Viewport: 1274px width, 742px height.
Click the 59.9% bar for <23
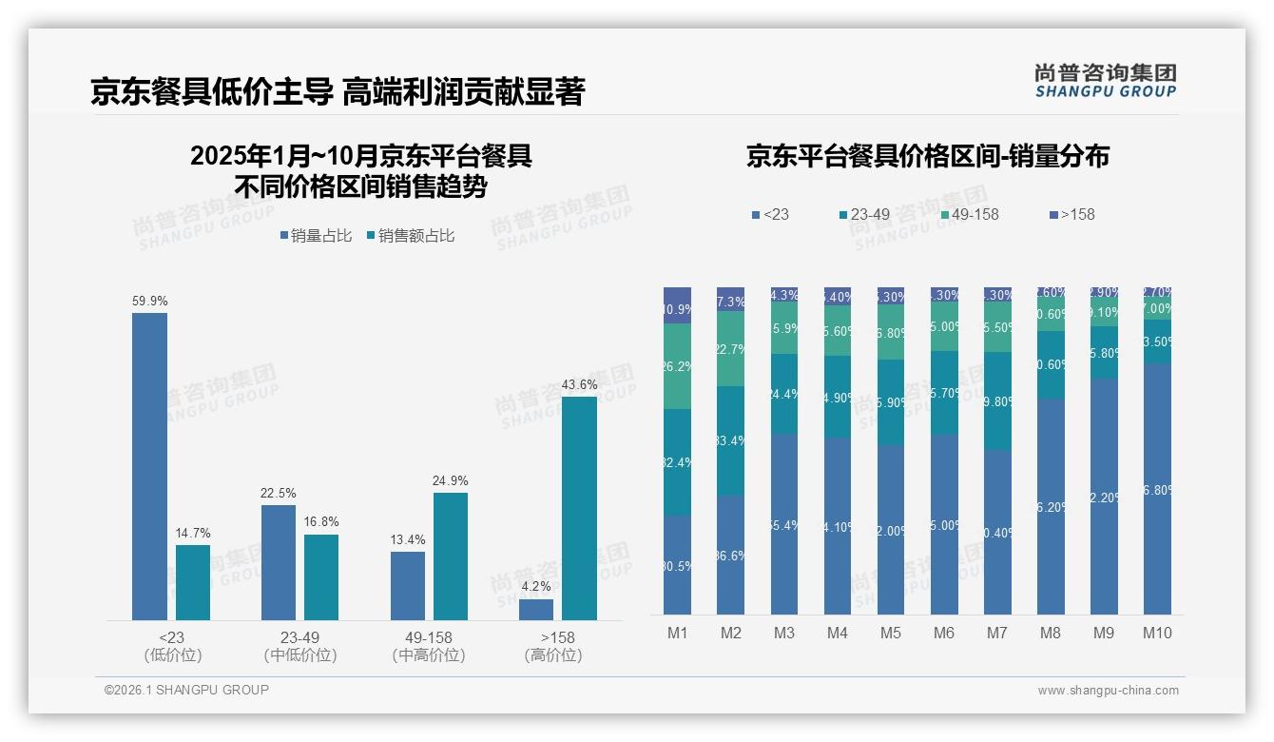click(149, 466)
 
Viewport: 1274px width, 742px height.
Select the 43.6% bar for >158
click(579, 508)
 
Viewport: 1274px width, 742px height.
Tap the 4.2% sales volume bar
click(535, 610)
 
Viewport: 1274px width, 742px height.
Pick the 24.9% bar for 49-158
click(451, 556)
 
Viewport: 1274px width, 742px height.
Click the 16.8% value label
click(322, 522)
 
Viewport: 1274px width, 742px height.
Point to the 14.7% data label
click(193, 533)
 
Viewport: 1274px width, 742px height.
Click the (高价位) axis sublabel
click(552, 655)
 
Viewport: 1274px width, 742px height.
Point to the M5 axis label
click(890, 633)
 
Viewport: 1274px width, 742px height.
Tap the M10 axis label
click(1156, 633)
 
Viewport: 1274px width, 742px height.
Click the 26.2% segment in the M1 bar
click(677, 366)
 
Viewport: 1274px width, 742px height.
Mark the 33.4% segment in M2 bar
click(730, 440)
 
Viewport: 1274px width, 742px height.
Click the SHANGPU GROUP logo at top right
click(1105, 81)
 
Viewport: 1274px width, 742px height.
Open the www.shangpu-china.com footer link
click(1108, 691)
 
